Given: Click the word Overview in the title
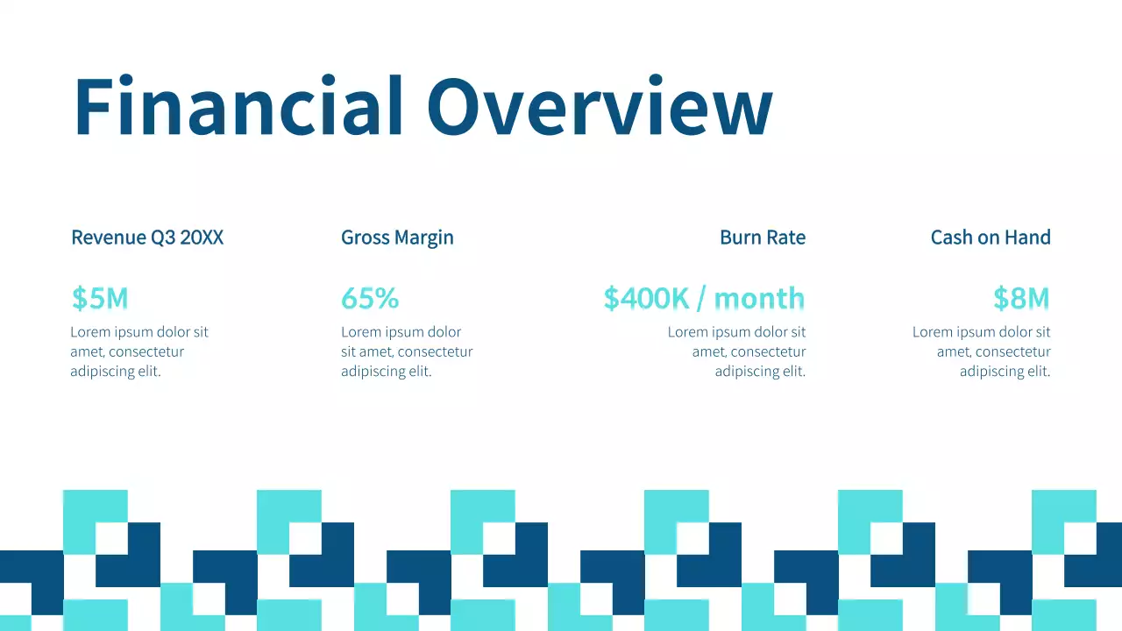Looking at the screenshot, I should click(x=600, y=107).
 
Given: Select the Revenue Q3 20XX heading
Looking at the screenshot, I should click(x=147, y=238).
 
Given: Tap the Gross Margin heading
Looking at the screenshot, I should click(x=397, y=238).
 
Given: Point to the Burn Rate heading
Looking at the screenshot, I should click(x=762, y=238).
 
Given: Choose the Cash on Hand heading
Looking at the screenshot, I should click(x=991, y=238).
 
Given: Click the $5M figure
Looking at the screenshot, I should click(x=100, y=299).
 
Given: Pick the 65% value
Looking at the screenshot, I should click(x=370, y=299).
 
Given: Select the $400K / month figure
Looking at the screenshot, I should click(x=704, y=299).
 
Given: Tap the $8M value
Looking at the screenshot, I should click(x=1021, y=299).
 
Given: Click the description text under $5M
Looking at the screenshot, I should click(x=139, y=351).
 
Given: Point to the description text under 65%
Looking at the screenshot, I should click(x=407, y=351).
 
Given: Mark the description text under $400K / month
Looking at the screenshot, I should click(x=736, y=351).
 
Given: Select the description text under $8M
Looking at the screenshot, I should click(x=981, y=351).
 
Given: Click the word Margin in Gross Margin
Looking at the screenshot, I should click(x=424, y=238).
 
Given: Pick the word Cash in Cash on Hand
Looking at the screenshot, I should click(x=950, y=238).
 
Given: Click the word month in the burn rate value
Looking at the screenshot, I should click(x=759, y=299).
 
